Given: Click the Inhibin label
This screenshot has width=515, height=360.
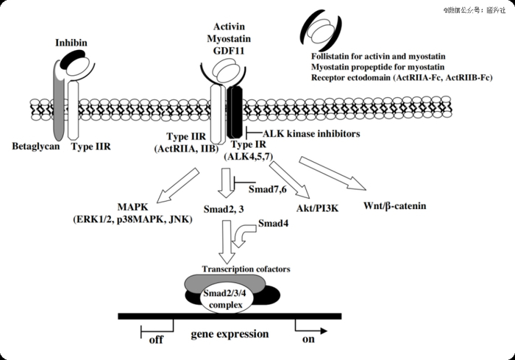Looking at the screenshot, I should click(71, 43).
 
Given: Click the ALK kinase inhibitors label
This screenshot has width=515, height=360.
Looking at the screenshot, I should click(307, 133).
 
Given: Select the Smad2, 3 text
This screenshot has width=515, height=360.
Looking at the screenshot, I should click(224, 208).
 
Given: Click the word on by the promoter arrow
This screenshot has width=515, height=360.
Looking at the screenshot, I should click(308, 341).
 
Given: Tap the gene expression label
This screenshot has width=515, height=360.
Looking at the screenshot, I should click(230, 334).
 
